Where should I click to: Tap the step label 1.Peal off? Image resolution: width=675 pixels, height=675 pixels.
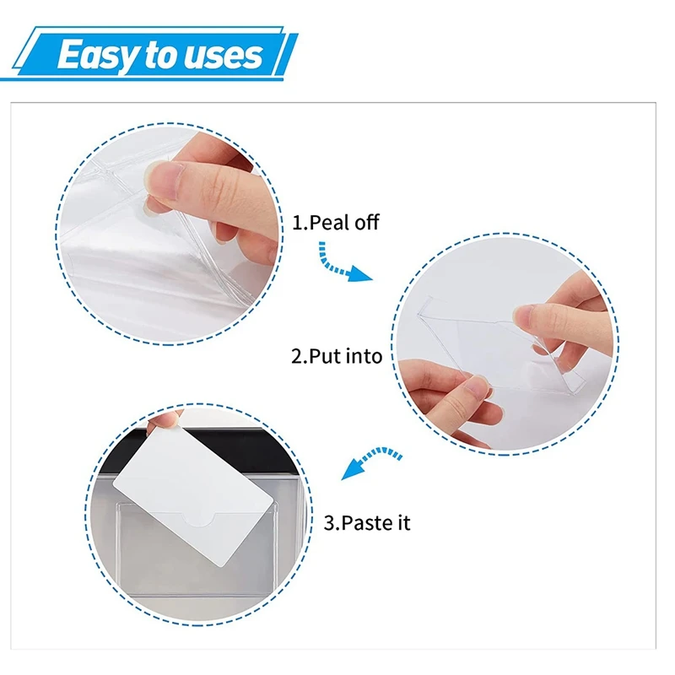coord(336,223)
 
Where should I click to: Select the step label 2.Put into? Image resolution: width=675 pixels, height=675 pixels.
coord(337,356)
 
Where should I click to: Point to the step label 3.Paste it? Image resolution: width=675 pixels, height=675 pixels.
coord(367,523)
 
